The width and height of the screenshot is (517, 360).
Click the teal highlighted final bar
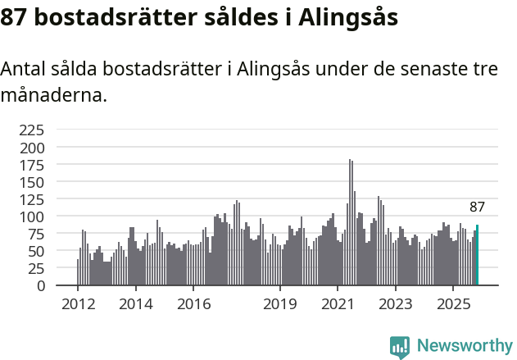click(477, 255)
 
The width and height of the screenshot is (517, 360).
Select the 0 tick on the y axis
click(41, 285)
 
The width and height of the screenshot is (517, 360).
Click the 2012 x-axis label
click(78, 304)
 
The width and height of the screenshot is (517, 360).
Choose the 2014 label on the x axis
click(135, 304)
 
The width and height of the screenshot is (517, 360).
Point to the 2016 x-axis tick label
click(193, 304)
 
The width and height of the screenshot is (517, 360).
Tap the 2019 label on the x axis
click(280, 304)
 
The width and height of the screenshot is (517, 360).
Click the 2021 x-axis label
click(338, 304)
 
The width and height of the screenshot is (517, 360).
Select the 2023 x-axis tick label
click(396, 304)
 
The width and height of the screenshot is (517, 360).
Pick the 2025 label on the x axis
click(453, 304)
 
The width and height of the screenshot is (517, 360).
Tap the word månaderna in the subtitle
click(53, 95)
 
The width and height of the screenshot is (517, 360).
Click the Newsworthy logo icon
click(400, 347)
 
